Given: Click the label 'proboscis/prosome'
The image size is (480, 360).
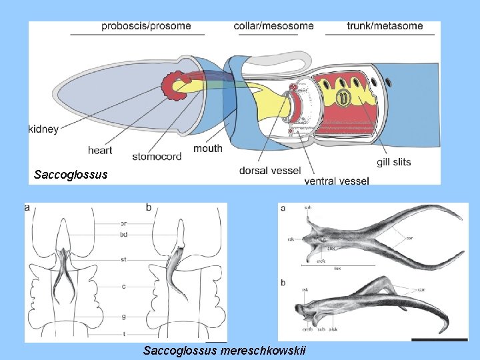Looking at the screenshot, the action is (x=146, y=26).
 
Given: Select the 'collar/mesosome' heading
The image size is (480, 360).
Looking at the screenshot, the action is (x=273, y=26).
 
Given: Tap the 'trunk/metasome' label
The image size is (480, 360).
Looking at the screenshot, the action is (x=385, y=26).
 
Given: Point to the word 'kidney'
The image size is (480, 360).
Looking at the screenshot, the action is (x=43, y=129).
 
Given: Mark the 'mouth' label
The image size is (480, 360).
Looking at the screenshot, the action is (x=208, y=148).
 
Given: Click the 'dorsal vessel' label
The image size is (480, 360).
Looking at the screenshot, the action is (x=269, y=170).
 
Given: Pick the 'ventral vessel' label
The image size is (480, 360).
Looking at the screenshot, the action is (x=336, y=180).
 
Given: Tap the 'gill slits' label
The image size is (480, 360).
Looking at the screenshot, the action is (x=393, y=161).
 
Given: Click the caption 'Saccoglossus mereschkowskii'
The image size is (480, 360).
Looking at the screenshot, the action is (x=224, y=351).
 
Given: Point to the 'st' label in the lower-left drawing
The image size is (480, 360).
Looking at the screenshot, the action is (x=123, y=259).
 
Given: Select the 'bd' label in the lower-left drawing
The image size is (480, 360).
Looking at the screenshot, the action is (x=123, y=234).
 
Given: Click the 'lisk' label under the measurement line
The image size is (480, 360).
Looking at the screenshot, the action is (x=337, y=268).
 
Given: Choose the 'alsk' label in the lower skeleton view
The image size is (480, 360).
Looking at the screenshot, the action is (x=333, y=329).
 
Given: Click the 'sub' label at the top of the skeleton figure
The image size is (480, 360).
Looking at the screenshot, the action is (x=308, y=208).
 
